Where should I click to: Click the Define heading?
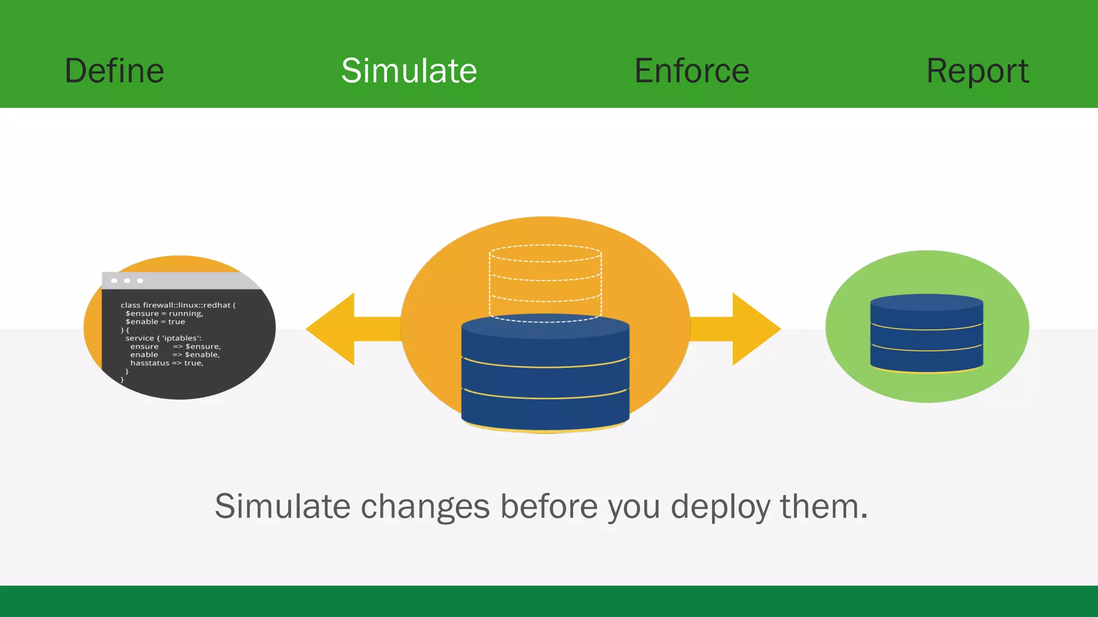point(114,71)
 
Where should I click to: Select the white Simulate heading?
point(409,71)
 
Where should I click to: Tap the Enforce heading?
point(692,71)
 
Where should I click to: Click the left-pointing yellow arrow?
point(343,329)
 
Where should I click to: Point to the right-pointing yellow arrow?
point(745,329)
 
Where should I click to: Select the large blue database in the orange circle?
point(545,375)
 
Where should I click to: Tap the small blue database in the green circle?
point(926,333)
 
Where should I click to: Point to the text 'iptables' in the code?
point(180,338)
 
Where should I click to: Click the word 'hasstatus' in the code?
point(150,363)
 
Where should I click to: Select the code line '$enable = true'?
point(155,322)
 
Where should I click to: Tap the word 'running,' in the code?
point(186,314)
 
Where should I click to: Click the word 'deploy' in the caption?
point(720,507)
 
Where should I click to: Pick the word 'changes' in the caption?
point(425,507)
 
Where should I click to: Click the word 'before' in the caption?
point(549,507)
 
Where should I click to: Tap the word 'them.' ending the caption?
point(823,507)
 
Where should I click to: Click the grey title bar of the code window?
point(182,281)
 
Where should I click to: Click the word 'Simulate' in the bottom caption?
point(282,507)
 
